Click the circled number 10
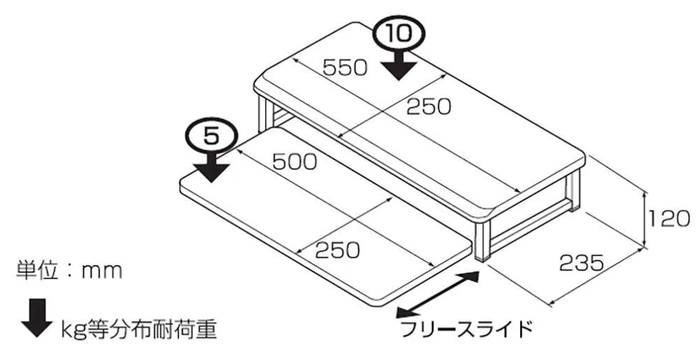click(x=399, y=35)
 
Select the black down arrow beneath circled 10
click(x=399, y=65)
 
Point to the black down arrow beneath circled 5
click(x=212, y=166)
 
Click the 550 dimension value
click(x=345, y=68)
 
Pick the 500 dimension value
click(x=295, y=161)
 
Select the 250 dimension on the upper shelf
click(x=428, y=106)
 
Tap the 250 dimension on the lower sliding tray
click(x=338, y=250)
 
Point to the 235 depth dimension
click(x=582, y=264)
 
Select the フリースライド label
click(x=467, y=329)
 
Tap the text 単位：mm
click(x=69, y=270)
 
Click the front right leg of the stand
click(x=483, y=238)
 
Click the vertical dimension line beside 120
click(x=645, y=218)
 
